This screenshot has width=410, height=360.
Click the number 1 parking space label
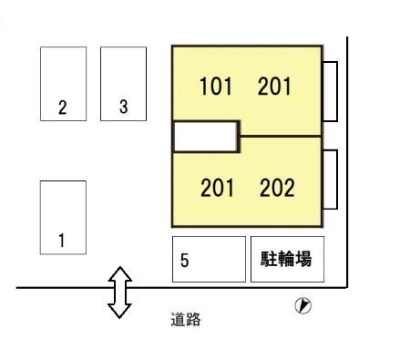pyautogui.click(x=62, y=241)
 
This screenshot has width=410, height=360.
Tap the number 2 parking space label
pyautogui.click(x=62, y=108)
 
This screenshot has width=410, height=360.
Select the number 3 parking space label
pyautogui.click(x=123, y=107)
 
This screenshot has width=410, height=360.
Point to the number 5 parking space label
pyautogui.click(x=184, y=261)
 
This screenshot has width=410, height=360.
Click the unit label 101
pyautogui.click(x=216, y=86)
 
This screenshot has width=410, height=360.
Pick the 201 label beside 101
pyautogui.click(x=274, y=86)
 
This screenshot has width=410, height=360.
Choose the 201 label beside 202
pyautogui.click(x=217, y=188)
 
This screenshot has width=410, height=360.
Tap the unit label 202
pyautogui.click(x=277, y=188)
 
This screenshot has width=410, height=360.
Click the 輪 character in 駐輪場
pyautogui.click(x=286, y=259)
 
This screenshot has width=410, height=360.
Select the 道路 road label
pyautogui.click(x=186, y=320)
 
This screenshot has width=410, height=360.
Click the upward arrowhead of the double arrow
pyautogui.click(x=120, y=273)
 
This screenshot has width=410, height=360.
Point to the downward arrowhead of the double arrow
pyautogui.click(x=119, y=311)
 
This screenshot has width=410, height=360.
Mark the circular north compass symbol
pyautogui.click(x=303, y=305)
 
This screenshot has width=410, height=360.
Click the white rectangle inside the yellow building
pyautogui.click(x=205, y=137)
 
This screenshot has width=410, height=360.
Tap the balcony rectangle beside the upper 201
pyautogui.click(x=330, y=91)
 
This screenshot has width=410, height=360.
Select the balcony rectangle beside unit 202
pyautogui.click(x=330, y=180)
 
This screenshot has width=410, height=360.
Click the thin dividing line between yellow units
pyautogui.click(x=280, y=136)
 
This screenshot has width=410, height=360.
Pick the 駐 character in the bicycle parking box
pyautogui.click(x=269, y=259)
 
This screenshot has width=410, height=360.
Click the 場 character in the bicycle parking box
pyautogui.click(x=303, y=259)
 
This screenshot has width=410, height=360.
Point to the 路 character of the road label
pyautogui.click(x=193, y=320)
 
